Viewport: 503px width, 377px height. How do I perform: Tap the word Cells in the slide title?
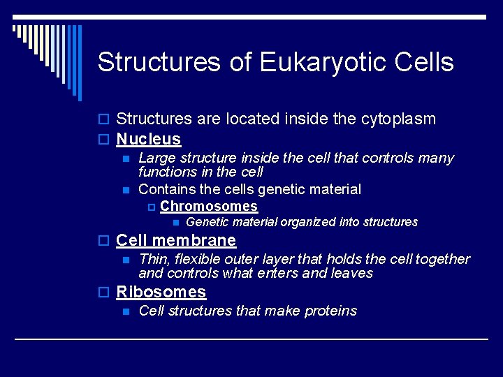click(424, 62)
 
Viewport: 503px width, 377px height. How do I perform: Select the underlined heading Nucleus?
click(148, 139)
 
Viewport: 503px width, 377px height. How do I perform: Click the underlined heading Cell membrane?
click(176, 240)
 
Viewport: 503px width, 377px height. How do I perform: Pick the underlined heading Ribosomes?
click(161, 292)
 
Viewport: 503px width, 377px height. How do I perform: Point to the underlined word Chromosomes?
click(209, 207)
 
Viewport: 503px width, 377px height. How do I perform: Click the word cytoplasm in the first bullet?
click(398, 119)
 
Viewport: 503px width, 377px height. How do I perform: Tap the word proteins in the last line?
click(330, 311)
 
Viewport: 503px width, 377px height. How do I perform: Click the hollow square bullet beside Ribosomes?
click(103, 293)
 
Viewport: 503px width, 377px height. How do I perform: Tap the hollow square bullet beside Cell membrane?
click(103, 241)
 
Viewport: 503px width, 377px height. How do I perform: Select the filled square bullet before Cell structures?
click(125, 311)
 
